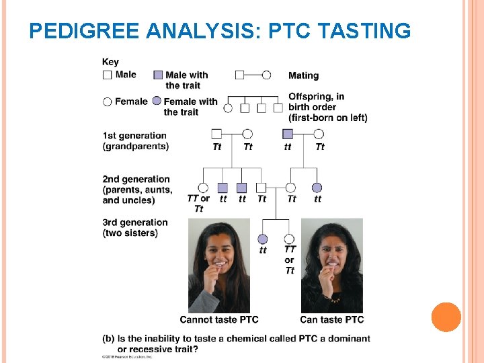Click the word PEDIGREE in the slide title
84,31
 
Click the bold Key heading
110,63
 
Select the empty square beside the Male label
108,75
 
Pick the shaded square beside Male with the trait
158,75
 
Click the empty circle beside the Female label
108,102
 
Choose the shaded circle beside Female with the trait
157,102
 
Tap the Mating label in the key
303,75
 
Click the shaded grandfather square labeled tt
288,134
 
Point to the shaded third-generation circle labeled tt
263,239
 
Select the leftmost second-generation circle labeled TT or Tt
203,188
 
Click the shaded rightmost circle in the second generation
317,188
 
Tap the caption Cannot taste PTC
218,319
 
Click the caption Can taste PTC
331,319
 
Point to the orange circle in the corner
446,317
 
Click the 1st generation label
134,136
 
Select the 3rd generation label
135,223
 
